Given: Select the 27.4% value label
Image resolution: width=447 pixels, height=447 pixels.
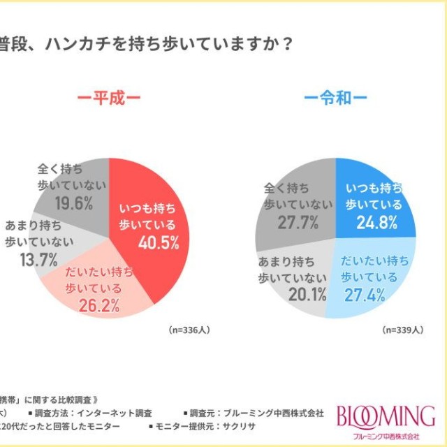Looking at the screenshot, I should coord(378,295).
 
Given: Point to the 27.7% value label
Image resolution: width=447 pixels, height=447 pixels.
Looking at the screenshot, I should coord(297,222).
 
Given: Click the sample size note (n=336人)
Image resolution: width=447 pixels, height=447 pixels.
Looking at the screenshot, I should coord(189,328).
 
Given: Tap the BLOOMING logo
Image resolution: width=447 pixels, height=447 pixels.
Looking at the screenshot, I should coord(386,417).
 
